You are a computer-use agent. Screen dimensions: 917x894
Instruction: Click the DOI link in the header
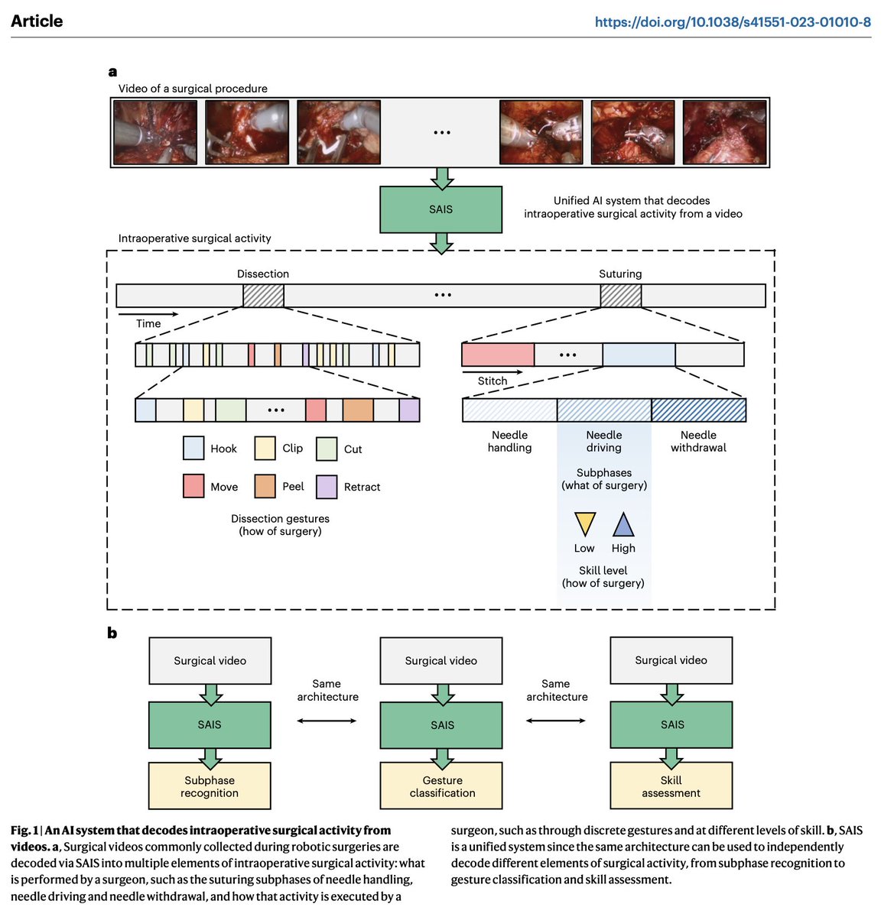coord(732,22)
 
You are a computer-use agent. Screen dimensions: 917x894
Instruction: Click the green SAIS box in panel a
coord(440,209)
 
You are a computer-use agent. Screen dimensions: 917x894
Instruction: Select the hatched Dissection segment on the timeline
coord(263,296)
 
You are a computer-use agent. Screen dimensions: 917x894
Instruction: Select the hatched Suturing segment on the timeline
coord(620,296)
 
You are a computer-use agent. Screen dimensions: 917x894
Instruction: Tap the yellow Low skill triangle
coord(585,523)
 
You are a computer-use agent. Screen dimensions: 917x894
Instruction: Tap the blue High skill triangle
coord(623,524)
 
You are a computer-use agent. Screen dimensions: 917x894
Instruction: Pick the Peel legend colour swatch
coord(265,486)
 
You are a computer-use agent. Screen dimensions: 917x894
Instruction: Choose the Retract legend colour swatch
coord(327,487)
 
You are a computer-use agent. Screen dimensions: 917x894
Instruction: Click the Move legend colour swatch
coord(193,486)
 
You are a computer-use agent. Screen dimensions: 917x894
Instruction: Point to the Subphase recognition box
coord(210,786)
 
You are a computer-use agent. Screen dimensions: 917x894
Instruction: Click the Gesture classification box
coord(441,786)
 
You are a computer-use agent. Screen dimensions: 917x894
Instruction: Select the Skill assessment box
coord(671,786)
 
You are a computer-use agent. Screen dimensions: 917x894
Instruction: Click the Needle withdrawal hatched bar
coord(698,410)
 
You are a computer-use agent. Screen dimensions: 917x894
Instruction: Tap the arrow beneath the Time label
coord(148,313)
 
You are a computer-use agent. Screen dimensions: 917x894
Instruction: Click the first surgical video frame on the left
coord(155,132)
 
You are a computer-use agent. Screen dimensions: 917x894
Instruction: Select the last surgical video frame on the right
coord(724,132)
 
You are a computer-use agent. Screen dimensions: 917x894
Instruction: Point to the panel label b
coord(112,633)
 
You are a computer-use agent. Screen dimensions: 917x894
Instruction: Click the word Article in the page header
coord(37,21)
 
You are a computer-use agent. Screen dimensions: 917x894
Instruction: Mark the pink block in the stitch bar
coord(498,355)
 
